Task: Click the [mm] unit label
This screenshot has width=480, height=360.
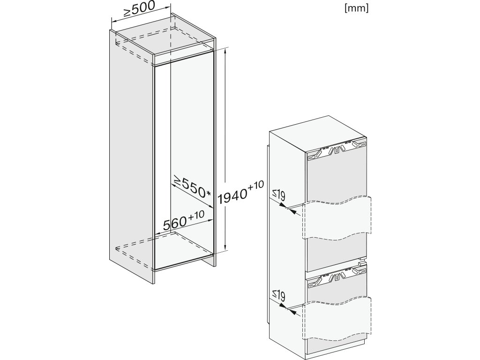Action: (356, 9)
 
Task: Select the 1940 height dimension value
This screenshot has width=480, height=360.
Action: (232, 195)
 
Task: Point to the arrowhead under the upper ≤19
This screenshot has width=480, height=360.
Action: (293, 212)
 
